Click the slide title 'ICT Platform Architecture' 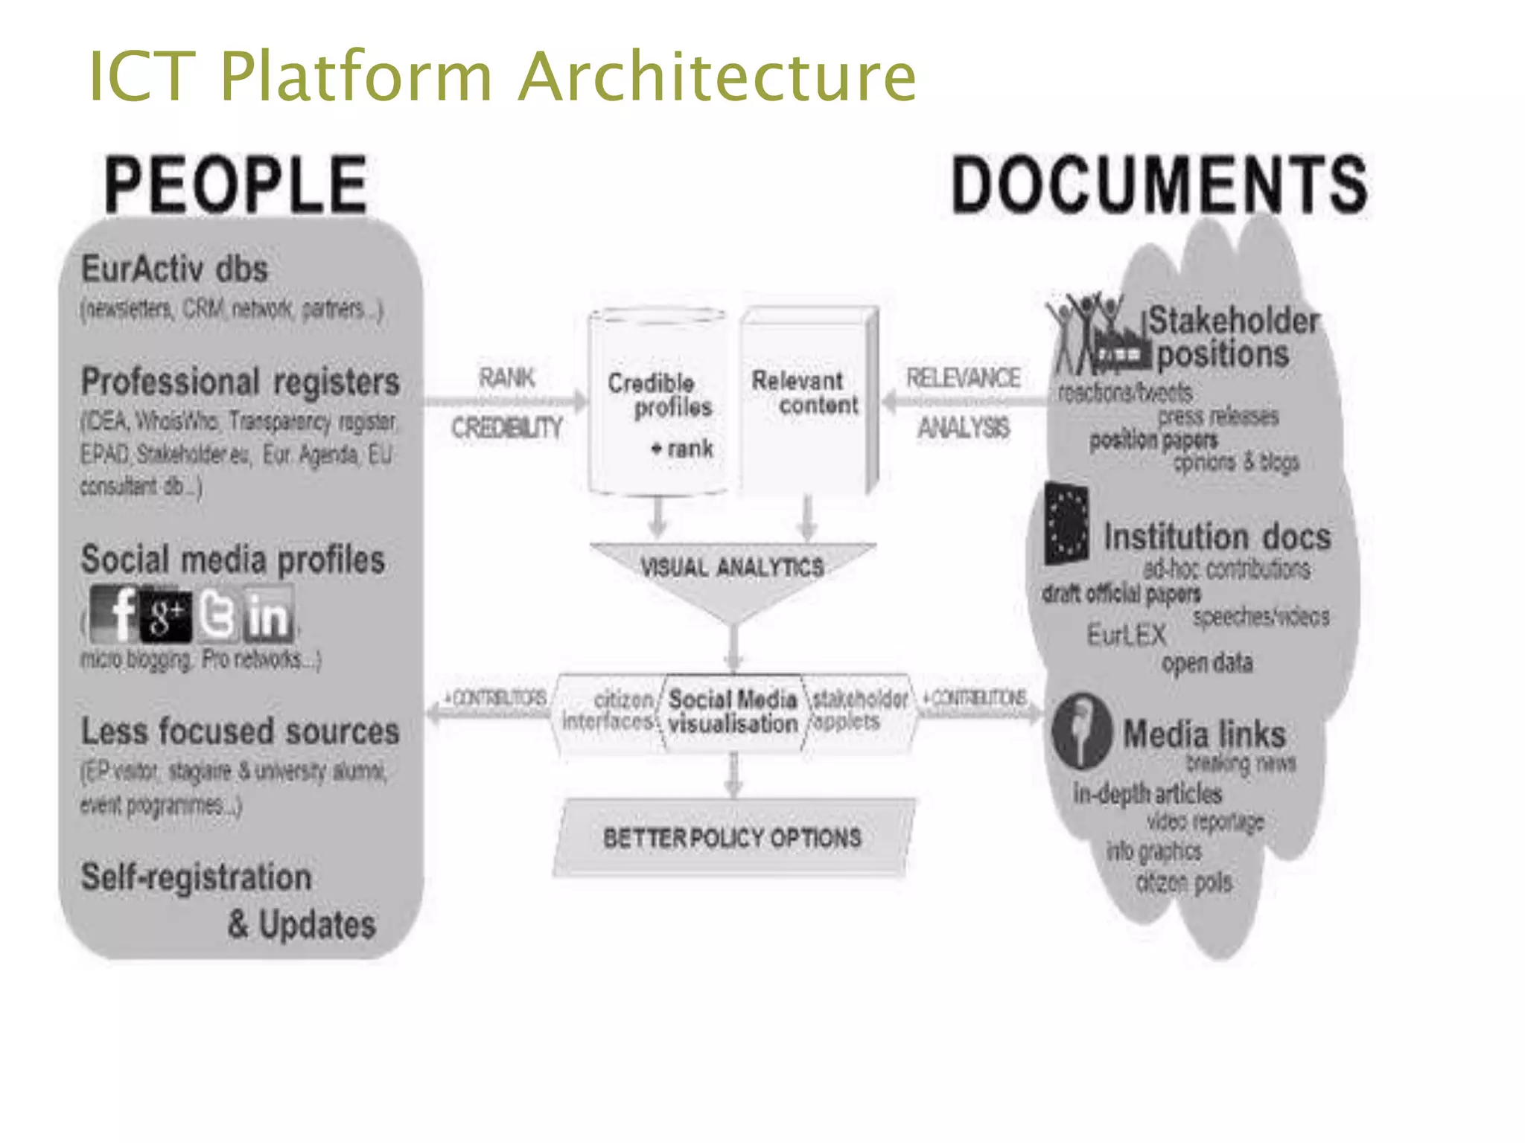click(503, 76)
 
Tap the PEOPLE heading click(236, 185)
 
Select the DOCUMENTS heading click(1159, 185)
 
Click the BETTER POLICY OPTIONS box click(733, 838)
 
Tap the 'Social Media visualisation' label click(733, 711)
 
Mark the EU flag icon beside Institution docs click(1066, 524)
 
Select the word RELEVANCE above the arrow click(963, 378)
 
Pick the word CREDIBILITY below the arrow click(507, 428)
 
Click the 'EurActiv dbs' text click(174, 269)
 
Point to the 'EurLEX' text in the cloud click(1126, 635)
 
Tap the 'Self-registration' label click(197, 877)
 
